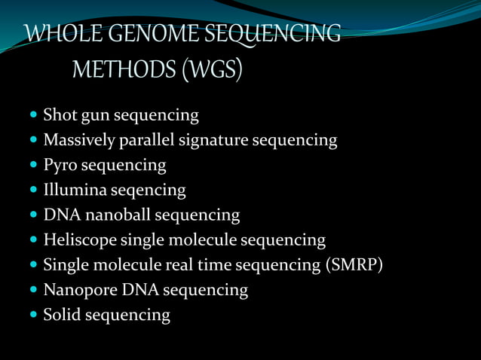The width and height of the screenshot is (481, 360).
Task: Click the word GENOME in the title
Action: pos(143,35)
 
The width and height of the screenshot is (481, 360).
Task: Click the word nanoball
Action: pos(118,215)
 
